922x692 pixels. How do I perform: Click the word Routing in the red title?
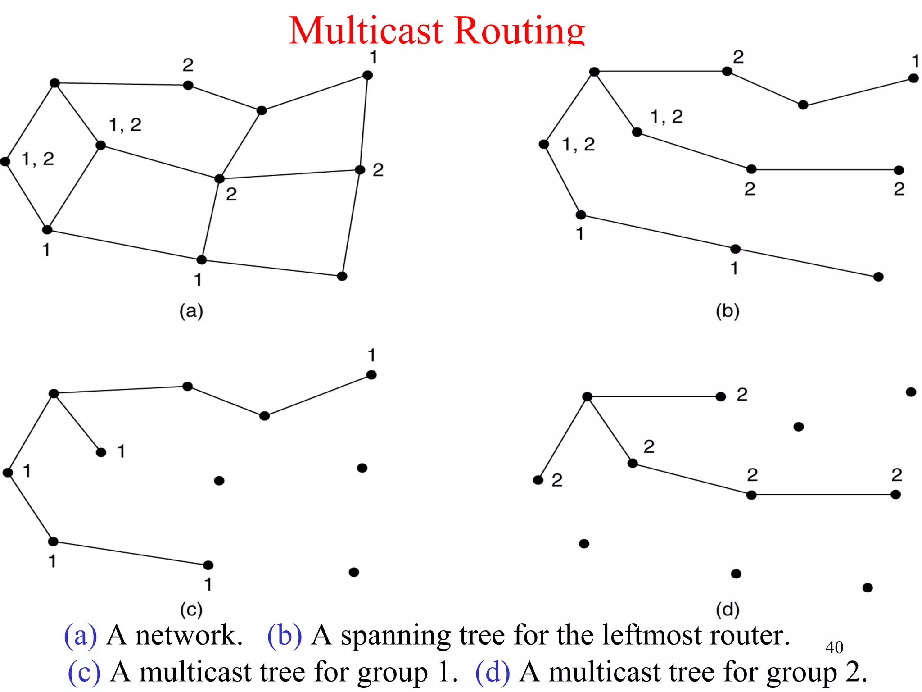coord(520,31)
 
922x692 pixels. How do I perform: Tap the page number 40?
coord(834,647)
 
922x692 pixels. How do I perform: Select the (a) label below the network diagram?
coord(191,311)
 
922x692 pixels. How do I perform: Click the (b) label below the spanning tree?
coord(728,311)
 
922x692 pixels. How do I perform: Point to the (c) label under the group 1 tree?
coord(191,610)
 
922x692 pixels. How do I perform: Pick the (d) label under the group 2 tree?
coord(728,610)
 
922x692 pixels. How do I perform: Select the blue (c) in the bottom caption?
coord(84,672)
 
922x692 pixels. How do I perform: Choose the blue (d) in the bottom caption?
coord(493,672)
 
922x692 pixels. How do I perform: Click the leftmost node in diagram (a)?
coord(5,161)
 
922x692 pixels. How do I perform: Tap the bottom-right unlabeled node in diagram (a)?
coord(342,276)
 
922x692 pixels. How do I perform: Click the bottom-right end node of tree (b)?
coord(878,277)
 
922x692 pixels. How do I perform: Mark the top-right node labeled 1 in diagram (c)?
coord(371,375)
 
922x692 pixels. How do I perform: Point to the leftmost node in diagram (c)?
coord(8,472)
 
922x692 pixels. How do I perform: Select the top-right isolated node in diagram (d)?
coord(911,392)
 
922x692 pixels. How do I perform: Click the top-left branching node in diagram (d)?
coord(587,396)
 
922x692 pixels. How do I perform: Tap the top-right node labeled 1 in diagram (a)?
coord(368,75)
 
